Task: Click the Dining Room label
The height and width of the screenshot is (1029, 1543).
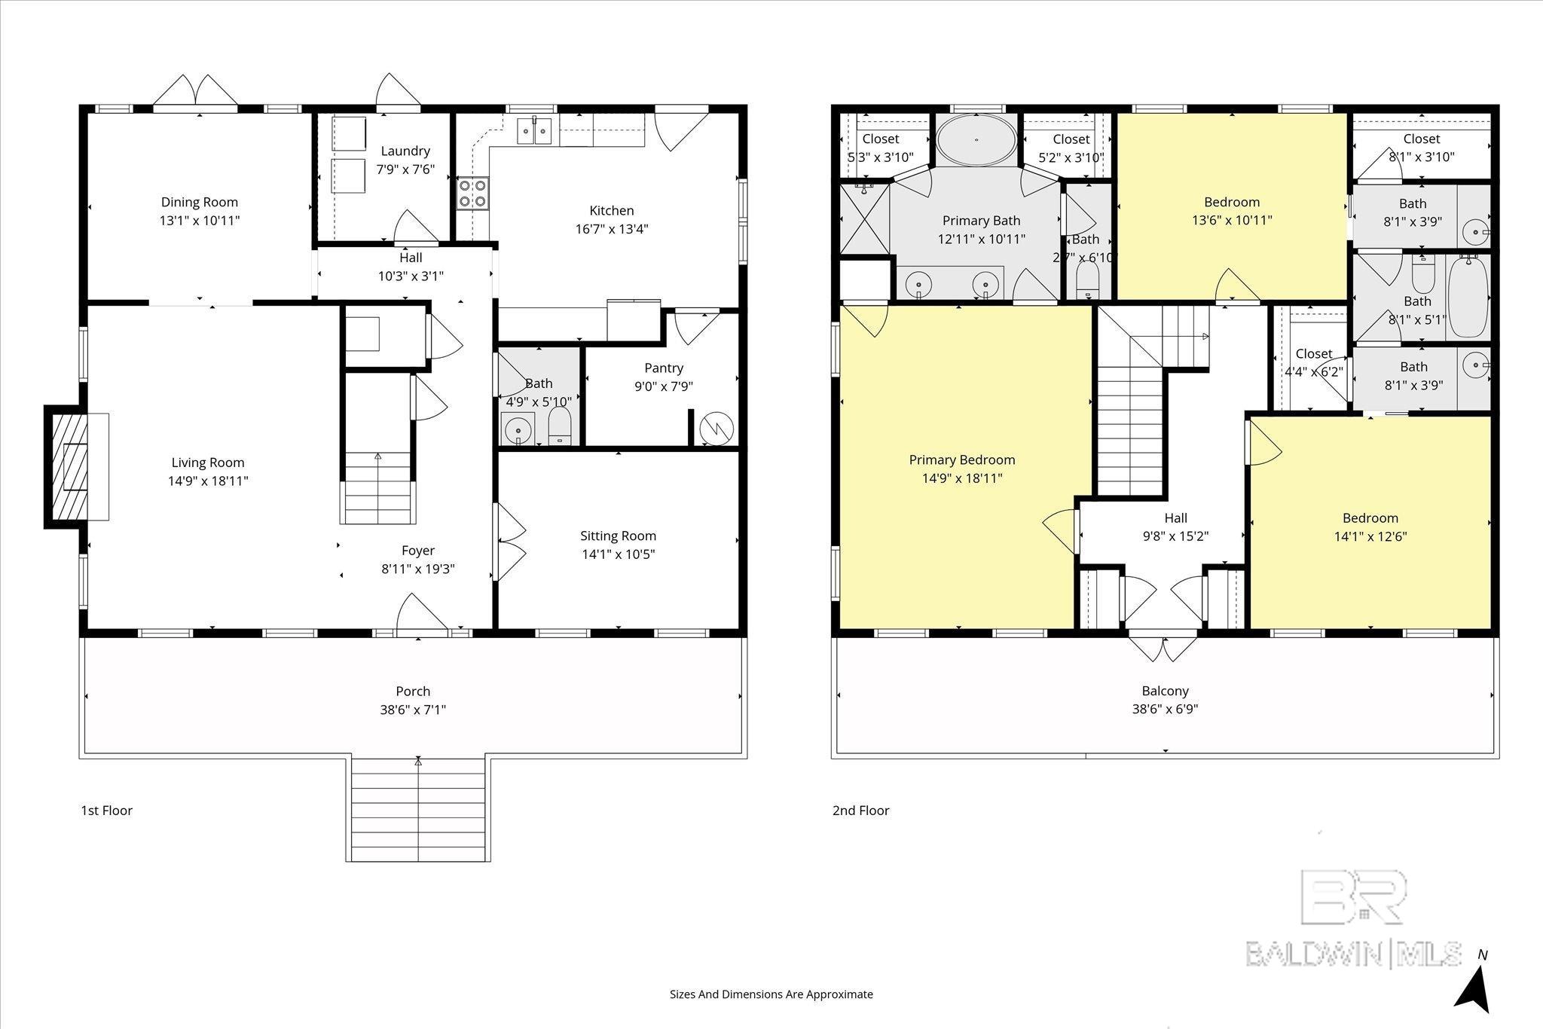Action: (200, 202)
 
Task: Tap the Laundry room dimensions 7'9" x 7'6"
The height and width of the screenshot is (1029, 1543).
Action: (405, 169)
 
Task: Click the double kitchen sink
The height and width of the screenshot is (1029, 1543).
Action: (533, 130)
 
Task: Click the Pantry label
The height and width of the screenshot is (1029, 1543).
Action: (664, 368)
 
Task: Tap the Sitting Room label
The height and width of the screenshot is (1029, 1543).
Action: (618, 536)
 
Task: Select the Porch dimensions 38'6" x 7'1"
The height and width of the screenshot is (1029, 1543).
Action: (413, 710)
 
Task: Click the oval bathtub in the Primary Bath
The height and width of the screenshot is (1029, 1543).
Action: (977, 139)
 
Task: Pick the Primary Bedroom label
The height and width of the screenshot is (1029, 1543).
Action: (962, 460)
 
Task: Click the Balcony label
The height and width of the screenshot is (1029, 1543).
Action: (1165, 691)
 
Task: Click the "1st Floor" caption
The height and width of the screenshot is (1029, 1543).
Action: (106, 811)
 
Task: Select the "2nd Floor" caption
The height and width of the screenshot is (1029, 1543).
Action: (860, 811)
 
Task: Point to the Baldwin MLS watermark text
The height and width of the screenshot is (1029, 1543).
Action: (1353, 953)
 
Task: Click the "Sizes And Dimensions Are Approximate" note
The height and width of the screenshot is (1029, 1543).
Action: (771, 994)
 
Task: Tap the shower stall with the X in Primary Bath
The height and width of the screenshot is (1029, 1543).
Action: (865, 218)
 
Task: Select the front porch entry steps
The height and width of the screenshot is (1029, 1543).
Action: (418, 810)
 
